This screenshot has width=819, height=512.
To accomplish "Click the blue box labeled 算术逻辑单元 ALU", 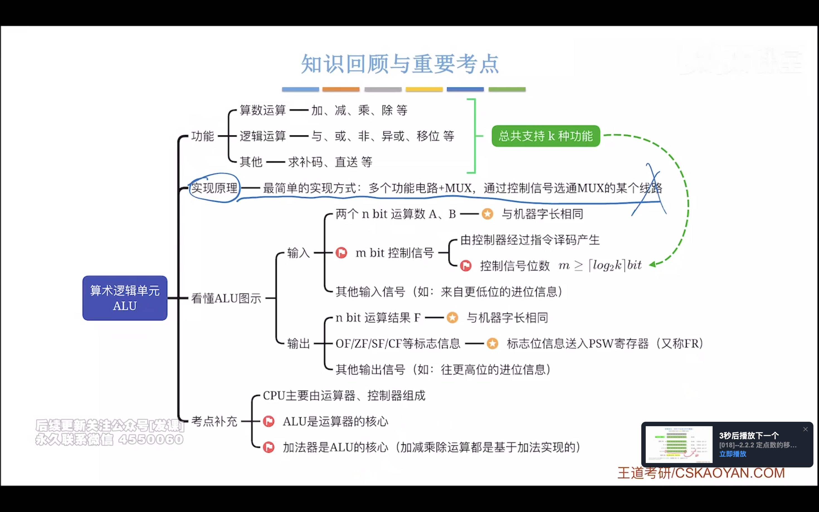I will pyautogui.click(x=125, y=298).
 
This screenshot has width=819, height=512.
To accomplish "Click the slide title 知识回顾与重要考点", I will pyautogui.click(x=400, y=64).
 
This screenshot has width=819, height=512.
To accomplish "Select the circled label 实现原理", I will pyautogui.click(x=214, y=188).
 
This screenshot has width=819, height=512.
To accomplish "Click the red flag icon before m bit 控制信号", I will pyautogui.click(x=341, y=253).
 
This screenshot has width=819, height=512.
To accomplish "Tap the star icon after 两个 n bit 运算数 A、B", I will pyautogui.click(x=487, y=214).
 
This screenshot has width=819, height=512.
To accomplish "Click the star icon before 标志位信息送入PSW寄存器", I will pyautogui.click(x=492, y=343).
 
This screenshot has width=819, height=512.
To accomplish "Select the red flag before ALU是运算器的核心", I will pyautogui.click(x=269, y=421).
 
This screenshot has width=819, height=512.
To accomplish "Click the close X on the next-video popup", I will pyautogui.click(x=805, y=429).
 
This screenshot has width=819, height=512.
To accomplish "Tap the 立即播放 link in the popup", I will pyautogui.click(x=732, y=454).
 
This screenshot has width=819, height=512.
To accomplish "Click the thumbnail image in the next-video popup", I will pyautogui.click(x=679, y=444).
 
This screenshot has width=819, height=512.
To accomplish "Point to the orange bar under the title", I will pyautogui.click(x=341, y=89).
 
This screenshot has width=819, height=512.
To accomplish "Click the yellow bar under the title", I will pyautogui.click(x=424, y=89).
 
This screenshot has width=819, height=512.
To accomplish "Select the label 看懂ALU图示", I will pyautogui.click(x=226, y=298).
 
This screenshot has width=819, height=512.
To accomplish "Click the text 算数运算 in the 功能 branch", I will pyautogui.click(x=263, y=110).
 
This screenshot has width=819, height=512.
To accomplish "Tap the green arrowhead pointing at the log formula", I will pyautogui.click(x=652, y=264).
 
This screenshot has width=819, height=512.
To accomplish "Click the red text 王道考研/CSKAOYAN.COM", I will pyautogui.click(x=701, y=473).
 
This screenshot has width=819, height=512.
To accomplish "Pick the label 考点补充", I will pyautogui.click(x=214, y=421).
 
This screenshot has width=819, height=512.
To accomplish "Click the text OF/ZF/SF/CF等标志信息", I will pyautogui.click(x=398, y=343).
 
